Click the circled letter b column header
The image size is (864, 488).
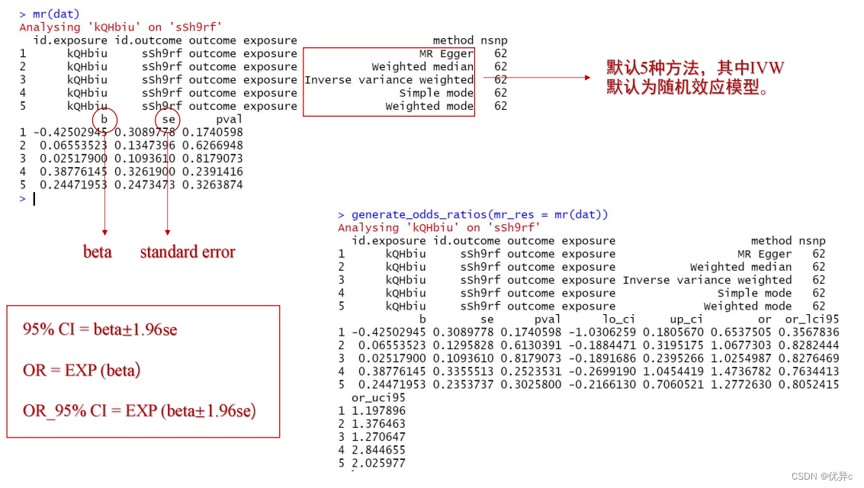click(104, 119)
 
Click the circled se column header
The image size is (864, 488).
click(168, 119)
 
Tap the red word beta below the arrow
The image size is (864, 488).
click(98, 252)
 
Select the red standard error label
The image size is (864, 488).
click(188, 252)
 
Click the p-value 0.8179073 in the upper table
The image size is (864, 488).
click(212, 158)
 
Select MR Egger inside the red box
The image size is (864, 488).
click(446, 54)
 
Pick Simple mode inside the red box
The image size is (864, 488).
click(436, 93)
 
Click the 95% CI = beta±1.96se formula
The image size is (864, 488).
click(100, 329)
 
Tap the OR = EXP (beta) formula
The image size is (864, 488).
click(82, 370)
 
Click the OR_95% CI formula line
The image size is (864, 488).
click(140, 411)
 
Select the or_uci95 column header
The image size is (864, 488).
click(378, 397)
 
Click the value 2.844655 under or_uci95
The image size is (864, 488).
click(378, 450)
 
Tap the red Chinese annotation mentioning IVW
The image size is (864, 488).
click(695, 77)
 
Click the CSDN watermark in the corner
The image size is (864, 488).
click(822, 477)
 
